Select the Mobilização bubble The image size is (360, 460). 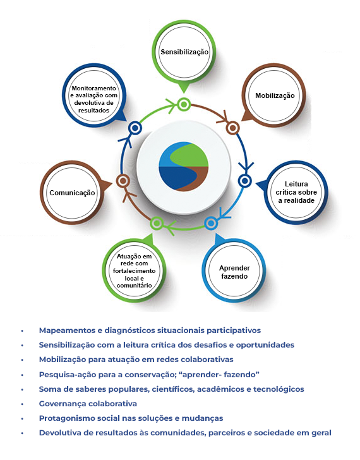275,95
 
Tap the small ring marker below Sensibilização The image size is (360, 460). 184,104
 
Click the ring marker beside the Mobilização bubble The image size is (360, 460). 232,128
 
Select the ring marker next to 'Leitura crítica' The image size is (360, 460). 244,181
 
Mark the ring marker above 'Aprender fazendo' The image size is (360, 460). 211,222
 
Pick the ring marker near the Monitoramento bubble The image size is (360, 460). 135,128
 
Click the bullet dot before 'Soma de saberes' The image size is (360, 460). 22,389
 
